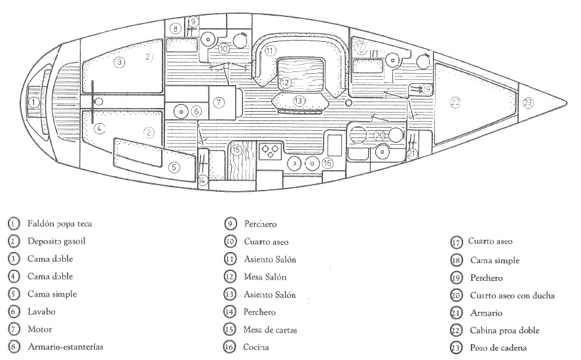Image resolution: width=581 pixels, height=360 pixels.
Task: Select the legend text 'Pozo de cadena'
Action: tap(498, 348)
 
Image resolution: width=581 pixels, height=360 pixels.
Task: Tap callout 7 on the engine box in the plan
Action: tap(219, 102)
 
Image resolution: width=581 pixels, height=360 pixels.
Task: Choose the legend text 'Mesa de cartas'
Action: tap(270, 330)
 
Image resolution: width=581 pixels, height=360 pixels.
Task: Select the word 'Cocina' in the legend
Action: tap(256, 348)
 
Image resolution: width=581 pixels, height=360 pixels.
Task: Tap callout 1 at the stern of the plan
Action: tap(34, 103)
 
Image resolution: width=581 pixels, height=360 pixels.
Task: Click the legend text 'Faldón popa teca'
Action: tap(60, 224)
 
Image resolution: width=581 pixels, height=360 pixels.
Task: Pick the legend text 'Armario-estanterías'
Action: tap(66, 347)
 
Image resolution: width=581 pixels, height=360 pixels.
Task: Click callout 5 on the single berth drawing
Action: tap(174, 168)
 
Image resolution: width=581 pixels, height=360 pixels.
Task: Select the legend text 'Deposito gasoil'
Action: tap(56, 242)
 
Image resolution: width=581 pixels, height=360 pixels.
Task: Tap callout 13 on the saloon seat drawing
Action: tap(299, 101)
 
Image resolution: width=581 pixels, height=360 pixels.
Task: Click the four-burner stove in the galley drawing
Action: tap(270, 152)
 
